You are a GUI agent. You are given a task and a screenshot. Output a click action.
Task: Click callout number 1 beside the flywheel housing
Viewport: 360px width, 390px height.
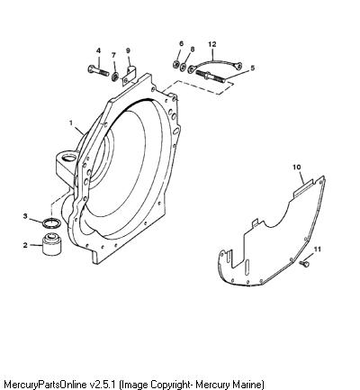(x=71, y=123)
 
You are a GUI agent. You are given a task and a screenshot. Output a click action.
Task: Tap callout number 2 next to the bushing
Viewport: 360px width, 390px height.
(x=25, y=245)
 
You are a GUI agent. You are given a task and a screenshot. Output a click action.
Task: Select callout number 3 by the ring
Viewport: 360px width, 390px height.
(x=25, y=216)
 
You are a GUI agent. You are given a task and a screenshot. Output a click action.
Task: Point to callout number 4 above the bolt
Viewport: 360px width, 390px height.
(x=98, y=50)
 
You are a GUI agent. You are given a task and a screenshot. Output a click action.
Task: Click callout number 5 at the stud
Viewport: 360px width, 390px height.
(x=252, y=68)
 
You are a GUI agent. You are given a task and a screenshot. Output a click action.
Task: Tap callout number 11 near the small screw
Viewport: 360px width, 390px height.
(x=318, y=249)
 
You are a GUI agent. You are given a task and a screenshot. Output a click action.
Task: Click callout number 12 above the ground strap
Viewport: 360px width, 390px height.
(x=212, y=44)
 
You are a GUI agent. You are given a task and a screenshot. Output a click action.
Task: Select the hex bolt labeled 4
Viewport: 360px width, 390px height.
(x=99, y=71)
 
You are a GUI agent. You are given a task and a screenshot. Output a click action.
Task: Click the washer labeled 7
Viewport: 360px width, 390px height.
(x=114, y=77)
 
